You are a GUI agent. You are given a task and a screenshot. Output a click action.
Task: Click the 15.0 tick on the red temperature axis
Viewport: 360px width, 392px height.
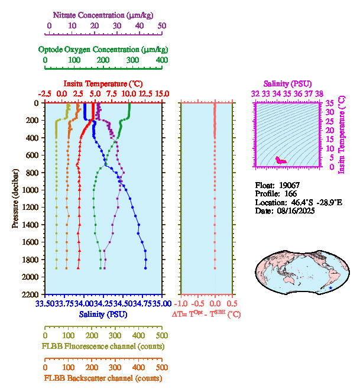click(x=162, y=93)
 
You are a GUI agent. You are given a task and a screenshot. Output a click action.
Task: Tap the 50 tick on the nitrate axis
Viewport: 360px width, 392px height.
click(x=162, y=26)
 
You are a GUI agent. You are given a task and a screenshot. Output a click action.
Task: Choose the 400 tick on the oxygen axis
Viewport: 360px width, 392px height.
click(x=161, y=60)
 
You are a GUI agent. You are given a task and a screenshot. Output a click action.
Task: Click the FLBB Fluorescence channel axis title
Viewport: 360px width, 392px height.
click(x=103, y=346)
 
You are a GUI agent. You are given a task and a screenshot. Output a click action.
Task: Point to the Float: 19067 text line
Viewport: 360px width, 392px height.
click(x=278, y=185)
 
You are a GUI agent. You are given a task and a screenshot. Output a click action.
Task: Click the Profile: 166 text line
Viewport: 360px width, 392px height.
click(x=275, y=193)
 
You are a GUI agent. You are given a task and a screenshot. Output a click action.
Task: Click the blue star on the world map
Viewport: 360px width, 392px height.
click(x=330, y=288)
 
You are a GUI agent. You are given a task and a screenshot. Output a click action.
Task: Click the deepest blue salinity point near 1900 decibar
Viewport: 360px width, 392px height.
click(x=145, y=268)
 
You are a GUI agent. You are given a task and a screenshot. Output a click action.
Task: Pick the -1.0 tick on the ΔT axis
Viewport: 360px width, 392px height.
click(x=183, y=304)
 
